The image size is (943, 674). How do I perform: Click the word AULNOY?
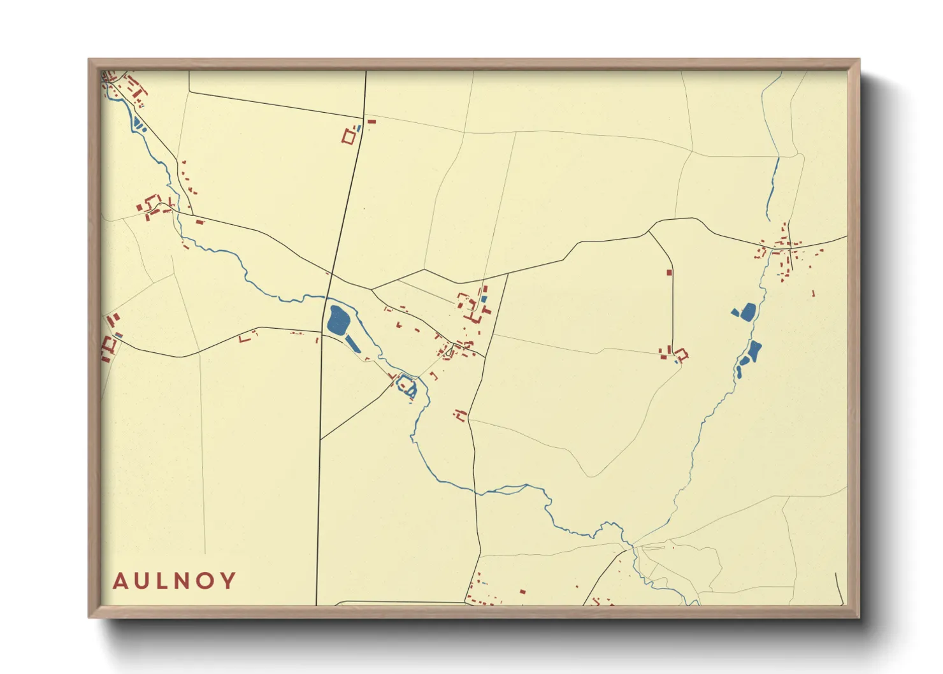pos(174,580)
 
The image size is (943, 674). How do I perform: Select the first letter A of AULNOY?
pos(119,580)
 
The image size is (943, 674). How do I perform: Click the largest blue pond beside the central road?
pos(338,319)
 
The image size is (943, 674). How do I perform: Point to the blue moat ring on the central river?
pos(406,384)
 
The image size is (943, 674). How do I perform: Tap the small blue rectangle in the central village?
pos(484,298)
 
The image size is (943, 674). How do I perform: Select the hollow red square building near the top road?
pos(349,136)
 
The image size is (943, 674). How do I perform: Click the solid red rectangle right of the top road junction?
pos(371,121)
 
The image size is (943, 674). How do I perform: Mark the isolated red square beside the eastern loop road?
pos(669,272)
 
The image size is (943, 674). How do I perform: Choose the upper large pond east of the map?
pos(748,311)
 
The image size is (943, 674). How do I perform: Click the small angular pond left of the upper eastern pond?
pos(735,312)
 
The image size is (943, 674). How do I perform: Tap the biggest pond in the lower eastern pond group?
pos(754,350)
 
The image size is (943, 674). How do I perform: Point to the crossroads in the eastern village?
pos(788,247)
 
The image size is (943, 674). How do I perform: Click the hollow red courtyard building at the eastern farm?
pos(682,354)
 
